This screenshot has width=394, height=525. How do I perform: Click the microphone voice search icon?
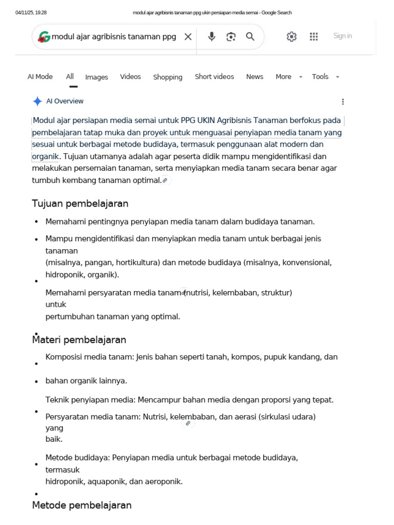pos(211,36)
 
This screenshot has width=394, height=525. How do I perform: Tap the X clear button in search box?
pos(188,36)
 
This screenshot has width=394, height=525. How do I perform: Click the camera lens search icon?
pos(231,36)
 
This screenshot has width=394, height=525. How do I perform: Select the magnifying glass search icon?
pos(250,36)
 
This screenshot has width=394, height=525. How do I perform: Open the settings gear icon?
pos(291,36)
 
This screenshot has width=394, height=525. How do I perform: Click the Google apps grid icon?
pos(314,36)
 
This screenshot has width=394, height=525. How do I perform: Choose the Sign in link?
pos(342,36)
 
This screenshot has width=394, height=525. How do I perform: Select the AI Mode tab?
pos(40,77)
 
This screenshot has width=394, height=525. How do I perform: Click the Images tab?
pos(96,77)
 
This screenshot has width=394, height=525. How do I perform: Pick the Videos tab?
pos(130,77)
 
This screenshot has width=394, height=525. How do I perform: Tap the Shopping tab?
pos(168,77)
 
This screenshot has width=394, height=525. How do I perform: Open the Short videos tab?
pos(214,77)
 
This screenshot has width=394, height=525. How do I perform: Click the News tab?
pos(254,77)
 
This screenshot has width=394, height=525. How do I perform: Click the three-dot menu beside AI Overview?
pos(343,102)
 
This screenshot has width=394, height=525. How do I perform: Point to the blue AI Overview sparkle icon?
pos(37,102)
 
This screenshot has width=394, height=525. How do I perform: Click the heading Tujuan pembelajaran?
pos(80,204)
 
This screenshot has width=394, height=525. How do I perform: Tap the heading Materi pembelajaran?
pos(79,340)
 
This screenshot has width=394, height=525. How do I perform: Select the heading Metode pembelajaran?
pos(82,505)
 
